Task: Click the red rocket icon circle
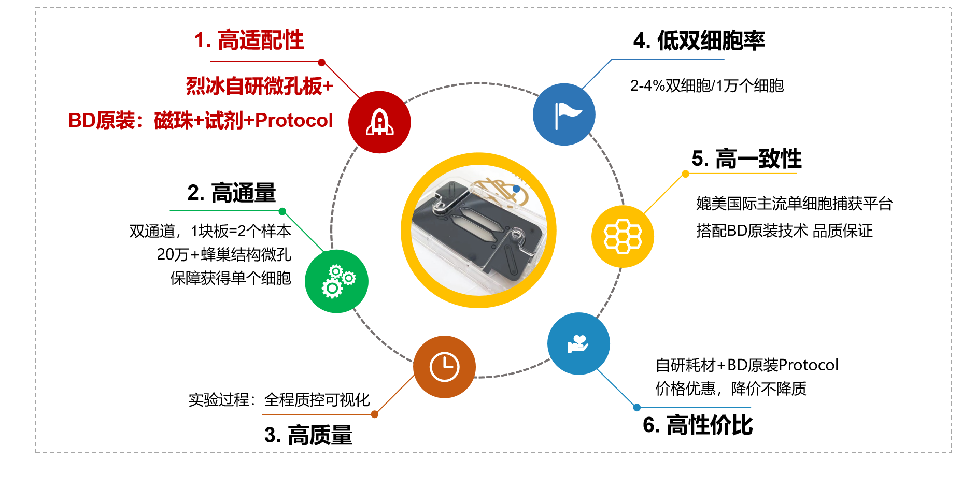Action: coord(379,122)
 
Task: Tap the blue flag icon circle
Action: coord(564,114)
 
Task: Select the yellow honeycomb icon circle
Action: coord(623,236)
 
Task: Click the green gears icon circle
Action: coord(336,281)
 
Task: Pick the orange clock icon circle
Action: coord(444,367)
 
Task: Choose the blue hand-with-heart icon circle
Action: coord(578,343)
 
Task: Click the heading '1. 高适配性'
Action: coord(249,40)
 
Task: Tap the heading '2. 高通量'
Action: coord(231,193)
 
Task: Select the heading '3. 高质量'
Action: coord(308,435)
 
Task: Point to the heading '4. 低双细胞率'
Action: coord(699,40)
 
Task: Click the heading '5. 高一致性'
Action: coord(746,159)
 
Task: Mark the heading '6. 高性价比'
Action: coord(698,425)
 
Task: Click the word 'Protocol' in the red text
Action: coord(294,120)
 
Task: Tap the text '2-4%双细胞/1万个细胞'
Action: coord(707,85)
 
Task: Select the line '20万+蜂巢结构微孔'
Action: coord(224,254)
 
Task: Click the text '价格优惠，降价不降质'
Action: coord(731,389)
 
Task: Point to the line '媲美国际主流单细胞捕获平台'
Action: coord(795,204)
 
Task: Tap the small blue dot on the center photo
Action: coord(516,189)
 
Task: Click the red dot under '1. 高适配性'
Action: coord(321,62)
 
